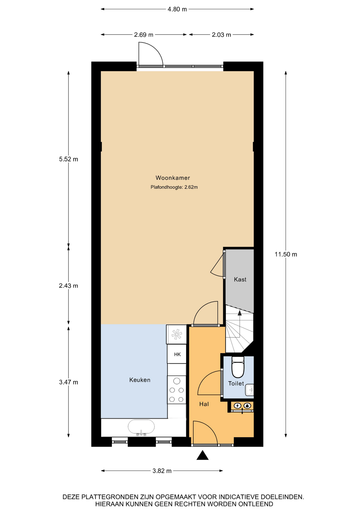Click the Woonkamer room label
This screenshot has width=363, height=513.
click(x=173, y=178)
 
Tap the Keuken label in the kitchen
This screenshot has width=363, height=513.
click(x=140, y=380)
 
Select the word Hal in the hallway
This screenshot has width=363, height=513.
click(x=204, y=404)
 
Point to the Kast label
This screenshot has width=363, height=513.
click(x=240, y=279)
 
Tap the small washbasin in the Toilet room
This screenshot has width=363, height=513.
click(x=249, y=390)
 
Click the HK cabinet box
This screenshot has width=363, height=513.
click(x=177, y=354)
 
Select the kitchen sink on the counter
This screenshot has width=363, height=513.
click(x=141, y=427)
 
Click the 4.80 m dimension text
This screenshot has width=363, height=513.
click(x=177, y=9)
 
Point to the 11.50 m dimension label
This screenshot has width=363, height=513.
click(x=286, y=254)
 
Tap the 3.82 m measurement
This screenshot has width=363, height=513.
click(x=162, y=471)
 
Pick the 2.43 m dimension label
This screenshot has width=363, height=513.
click(x=68, y=286)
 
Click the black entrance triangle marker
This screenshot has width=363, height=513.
click(x=202, y=455)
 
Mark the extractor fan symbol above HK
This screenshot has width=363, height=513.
click(x=177, y=334)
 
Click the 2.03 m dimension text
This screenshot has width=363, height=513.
click(x=221, y=35)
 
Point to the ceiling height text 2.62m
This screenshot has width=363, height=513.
click(x=191, y=187)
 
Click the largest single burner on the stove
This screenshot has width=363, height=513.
click(x=177, y=381)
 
